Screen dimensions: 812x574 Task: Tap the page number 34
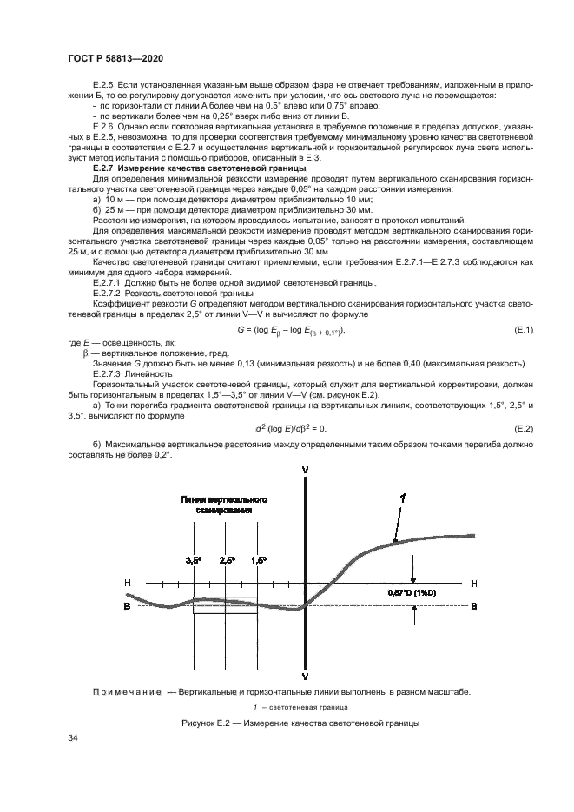[x=73, y=737]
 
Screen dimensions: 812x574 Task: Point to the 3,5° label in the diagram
[x=194, y=561]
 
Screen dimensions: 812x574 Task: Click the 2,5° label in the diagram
[x=228, y=561]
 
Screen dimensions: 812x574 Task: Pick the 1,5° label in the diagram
[x=258, y=561]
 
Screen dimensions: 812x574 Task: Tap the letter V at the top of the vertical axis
[x=305, y=468]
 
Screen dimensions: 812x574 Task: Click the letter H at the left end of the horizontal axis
[x=128, y=581]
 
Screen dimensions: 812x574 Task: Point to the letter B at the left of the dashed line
[x=128, y=607]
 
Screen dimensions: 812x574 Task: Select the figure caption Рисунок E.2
[x=287, y=723]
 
